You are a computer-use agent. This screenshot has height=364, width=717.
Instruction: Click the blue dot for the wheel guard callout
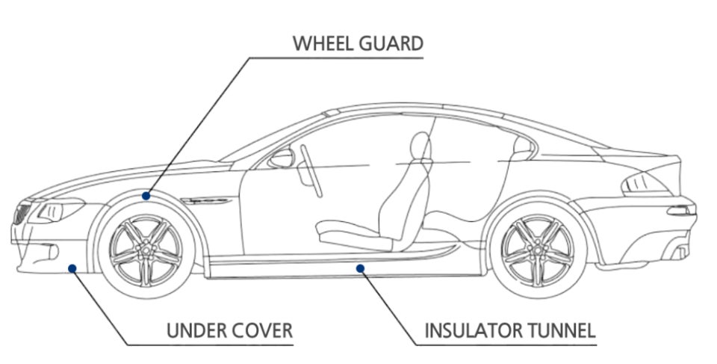pyautogui.click(x=146, y=195)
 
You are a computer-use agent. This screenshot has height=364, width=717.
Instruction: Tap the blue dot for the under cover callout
pyautogui.click(x=72, y=267)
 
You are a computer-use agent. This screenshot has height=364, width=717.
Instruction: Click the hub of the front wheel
pyautogui.click(x=146, y=247)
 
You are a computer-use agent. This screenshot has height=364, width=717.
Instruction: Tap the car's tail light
pyautogui.click(x=641, y=182)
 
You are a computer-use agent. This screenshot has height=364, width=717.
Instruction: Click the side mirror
pyautogui.click(x=282, y=158)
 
